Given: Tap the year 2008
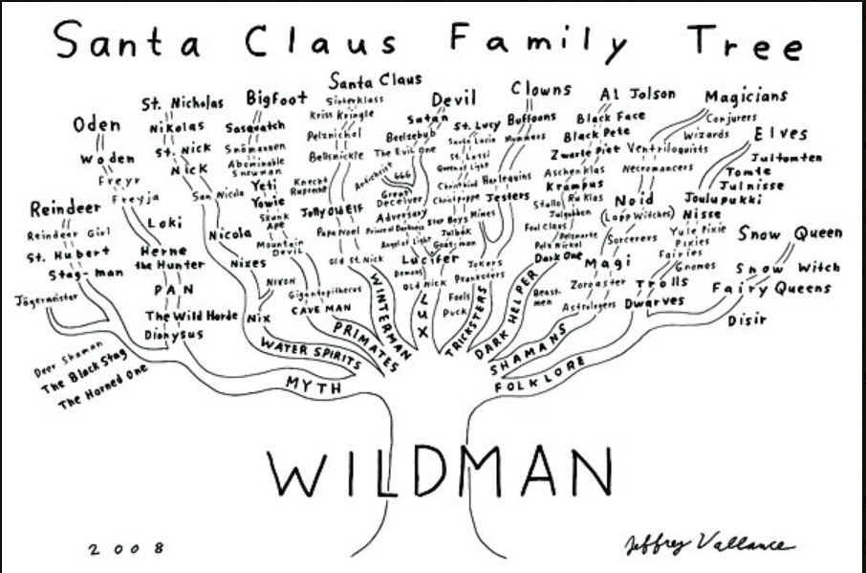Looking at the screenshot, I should pyautogui.click(x=124, y=548).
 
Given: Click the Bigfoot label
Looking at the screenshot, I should pyautogui.click(x=276, y=98).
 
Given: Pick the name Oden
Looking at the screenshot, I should pyautogui.click(x=97, y=125).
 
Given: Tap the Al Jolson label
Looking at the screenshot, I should pyautogui.click(x=638, y=94).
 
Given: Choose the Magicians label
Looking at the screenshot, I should pyautogui.click(x=747, y=96).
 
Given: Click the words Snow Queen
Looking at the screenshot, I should pyautogui.click(x=790, y=233).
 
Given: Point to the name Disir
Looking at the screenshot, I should pyautogui.click(x=747, y=320).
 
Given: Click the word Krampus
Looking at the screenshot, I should pyautogui.click(x=576, y=184).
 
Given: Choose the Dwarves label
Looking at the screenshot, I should pyautogui.click(x=655, y=303).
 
